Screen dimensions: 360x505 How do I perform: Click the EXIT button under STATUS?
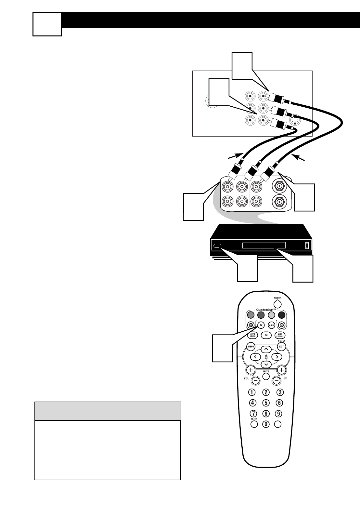(x=281, y=346)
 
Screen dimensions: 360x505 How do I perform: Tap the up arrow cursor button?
(x=266, y=350)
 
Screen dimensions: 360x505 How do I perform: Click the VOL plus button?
(x=251, y=370)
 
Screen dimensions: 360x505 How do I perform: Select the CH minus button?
(x=276, y=380)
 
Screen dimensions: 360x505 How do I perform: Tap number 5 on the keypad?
(x=266, y=403)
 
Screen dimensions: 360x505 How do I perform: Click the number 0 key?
(x=266, y=424)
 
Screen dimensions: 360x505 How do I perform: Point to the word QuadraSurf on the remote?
(x=265, y=310)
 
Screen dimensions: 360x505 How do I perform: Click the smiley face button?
(x=251, y=325)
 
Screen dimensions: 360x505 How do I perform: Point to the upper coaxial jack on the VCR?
(x=279, y=186)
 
